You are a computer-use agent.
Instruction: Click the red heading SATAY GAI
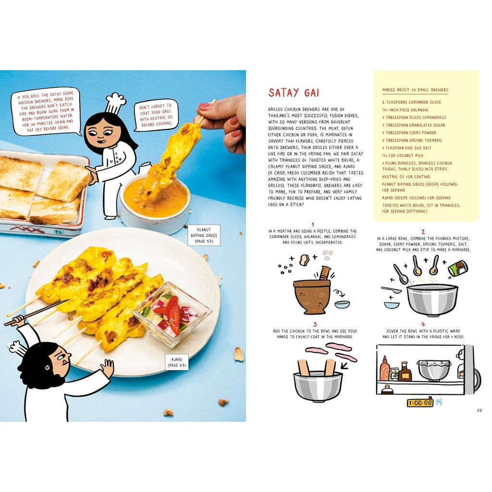tap(294, 93)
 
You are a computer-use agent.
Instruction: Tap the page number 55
tap(479, 410)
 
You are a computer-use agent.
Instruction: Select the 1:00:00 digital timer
tap(420, 403)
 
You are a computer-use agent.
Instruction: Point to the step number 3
tap(315, 324)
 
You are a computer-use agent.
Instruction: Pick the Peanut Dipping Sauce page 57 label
tap(204, 235)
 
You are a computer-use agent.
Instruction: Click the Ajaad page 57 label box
tap(177, 362)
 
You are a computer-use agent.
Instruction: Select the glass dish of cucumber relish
tap(172, 314)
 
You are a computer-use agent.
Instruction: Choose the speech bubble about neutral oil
tap(156, 115)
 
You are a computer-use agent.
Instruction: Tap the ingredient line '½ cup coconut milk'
tap(403, 156)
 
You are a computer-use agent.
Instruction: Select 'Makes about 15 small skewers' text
tap(415, 90)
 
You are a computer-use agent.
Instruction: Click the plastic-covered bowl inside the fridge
tap(434, 370)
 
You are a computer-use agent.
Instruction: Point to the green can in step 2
tap(458, 269)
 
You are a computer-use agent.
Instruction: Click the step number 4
tap(423, 324)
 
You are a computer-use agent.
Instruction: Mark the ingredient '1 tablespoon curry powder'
tap(409, 133)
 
